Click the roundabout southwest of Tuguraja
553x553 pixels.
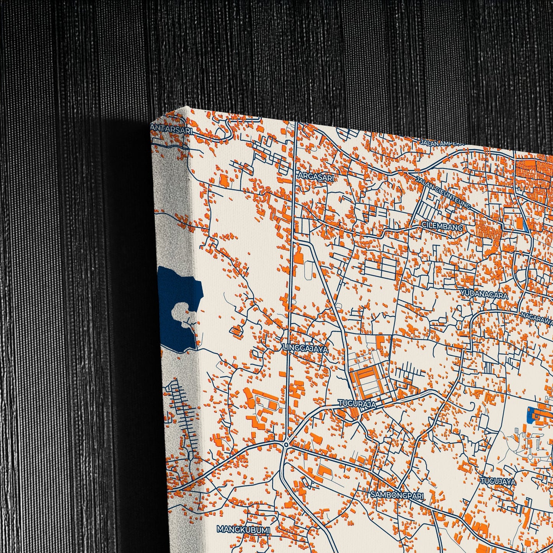(286, 445)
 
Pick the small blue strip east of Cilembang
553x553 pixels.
(524, 225)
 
